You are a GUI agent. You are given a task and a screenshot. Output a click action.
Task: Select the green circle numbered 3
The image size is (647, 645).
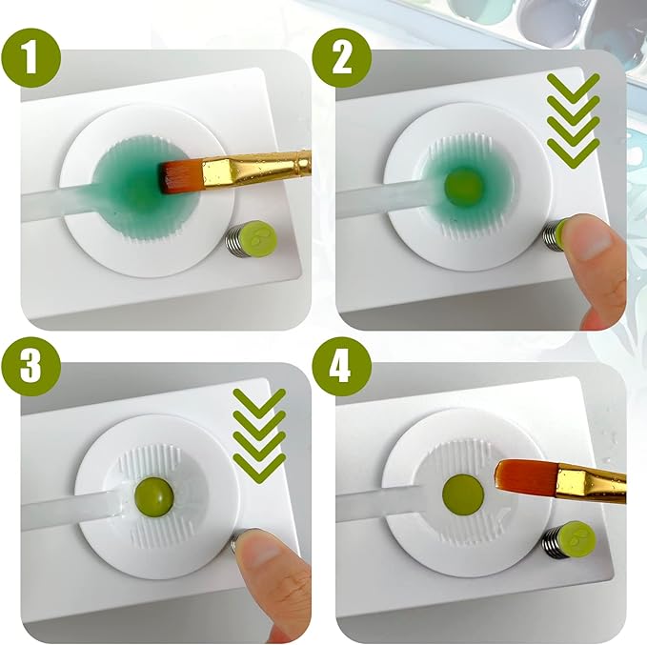31,366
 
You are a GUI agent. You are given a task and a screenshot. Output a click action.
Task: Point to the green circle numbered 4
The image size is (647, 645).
342,366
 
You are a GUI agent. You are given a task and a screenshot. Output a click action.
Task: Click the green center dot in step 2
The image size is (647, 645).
463,185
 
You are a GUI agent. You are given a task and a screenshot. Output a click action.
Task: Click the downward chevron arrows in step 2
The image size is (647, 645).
573,121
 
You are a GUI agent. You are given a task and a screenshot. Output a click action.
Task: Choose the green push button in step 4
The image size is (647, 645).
577,539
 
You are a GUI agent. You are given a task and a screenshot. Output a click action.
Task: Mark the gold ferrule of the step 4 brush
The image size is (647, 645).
591,483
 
